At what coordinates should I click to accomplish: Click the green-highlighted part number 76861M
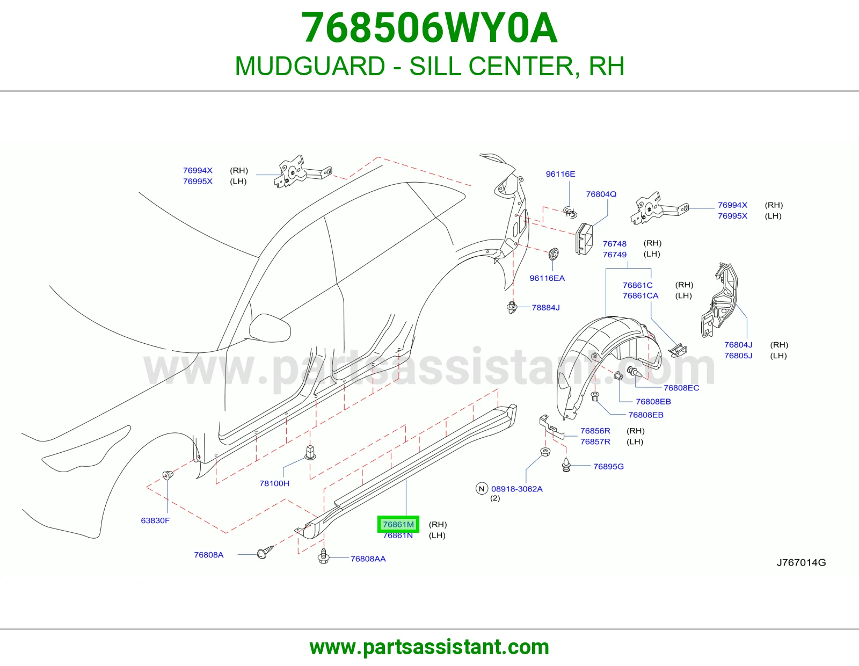[x=398, y=524]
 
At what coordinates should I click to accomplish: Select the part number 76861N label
[x=398, y=535]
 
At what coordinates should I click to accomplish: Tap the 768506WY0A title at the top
[x=429, y=28]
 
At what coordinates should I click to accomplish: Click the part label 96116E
[x=560, y=174]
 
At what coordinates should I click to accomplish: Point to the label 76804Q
[x=601, y=194]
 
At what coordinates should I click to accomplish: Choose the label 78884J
[x=545, y=308]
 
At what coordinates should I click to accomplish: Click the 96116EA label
[x=547, y=278]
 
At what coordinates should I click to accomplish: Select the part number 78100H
[x=274, y=483]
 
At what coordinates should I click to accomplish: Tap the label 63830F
[x=155, y=520]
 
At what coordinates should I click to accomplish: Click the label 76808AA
[x=368, y=559]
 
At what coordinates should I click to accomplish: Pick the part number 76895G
[x=608, y=467]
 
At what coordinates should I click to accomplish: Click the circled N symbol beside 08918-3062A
[x=482, y=489]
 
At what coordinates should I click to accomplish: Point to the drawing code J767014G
[x=801, y=563]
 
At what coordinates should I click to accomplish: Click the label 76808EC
[x=681, y=388]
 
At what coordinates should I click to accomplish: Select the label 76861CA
[x=640, y=296]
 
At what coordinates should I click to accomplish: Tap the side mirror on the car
[x=270, y=328]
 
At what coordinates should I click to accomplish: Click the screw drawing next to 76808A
[x=265, y=552]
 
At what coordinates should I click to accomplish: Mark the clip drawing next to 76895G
[x=566, y=465]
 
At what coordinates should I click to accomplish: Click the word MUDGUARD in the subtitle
[x=310, y=66]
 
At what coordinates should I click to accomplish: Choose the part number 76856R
[x=595, y=431]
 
